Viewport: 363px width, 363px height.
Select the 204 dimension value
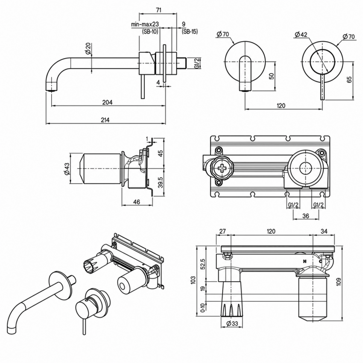click(x=107, y=102)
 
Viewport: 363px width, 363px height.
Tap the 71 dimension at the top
click(x=159, y=10)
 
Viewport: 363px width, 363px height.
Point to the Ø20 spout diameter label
click(x=88, y=48)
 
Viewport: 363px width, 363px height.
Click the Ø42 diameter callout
click(x=301, y=34)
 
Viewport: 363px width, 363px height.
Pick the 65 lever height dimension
click(x=349, y=79)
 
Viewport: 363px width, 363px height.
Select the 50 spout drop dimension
click(x=272, y=76)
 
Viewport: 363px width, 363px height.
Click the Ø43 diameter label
click(x=67, y=169)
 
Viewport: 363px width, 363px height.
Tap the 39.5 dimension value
click(x=160, y=182)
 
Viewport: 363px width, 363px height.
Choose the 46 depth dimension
click(x=137, y=202)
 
